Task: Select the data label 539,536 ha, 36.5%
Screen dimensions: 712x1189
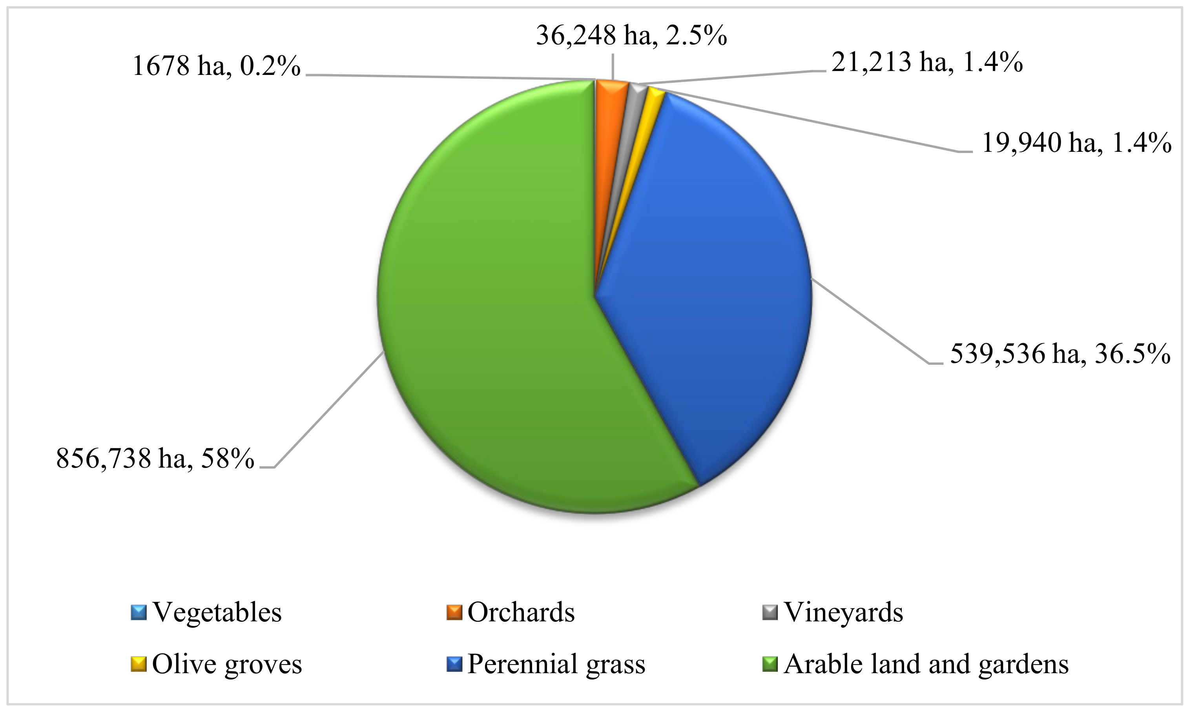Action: click(1060, 354)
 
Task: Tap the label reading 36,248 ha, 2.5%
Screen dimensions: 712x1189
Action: click(631, 36)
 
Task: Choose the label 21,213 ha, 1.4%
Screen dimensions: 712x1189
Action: click(926, 62)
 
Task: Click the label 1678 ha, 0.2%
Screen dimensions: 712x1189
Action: click(216, 66)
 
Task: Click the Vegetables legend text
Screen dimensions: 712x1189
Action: click(217, 612)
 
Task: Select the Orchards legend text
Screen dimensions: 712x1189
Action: click(521, 612)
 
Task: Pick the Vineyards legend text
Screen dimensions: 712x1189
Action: click(843, 612)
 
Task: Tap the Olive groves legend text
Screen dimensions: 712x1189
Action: click(227, 664)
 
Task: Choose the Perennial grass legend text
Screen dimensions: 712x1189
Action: click(556, 664)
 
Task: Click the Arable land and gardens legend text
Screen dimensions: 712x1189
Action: click(926, 664)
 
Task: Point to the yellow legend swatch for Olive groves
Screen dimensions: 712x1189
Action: click(139, 664)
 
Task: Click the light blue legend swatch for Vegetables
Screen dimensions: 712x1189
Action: click(139, 612)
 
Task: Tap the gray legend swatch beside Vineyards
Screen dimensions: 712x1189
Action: click(770, 612)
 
